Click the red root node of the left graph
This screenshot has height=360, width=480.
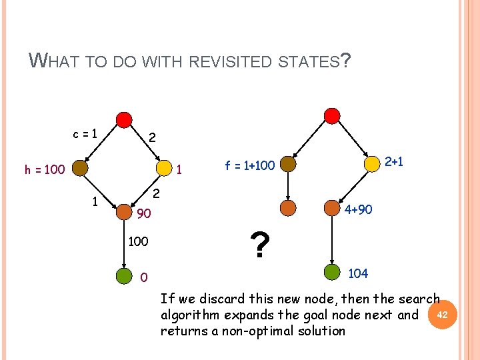click(124, 119)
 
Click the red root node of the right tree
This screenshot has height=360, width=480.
click(331, 116)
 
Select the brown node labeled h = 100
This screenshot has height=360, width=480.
click(81, 168)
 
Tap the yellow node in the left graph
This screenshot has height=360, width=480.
click(164, 169)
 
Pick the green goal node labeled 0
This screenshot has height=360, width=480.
click(124, 275)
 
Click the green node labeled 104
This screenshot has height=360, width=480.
click(332, 271)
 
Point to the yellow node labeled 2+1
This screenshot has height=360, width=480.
click(372, 163)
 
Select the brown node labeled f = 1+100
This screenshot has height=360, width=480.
click(288, 164)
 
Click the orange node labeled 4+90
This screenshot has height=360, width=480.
click(331, 208)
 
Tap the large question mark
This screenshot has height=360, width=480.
click(261, 245)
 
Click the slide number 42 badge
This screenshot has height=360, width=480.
click(446, 313)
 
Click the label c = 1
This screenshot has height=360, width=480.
click(86, 133)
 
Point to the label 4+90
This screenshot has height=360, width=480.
click(359, 209)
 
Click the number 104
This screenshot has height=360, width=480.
click(359, 273)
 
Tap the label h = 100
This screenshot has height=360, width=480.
click(45, 169)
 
